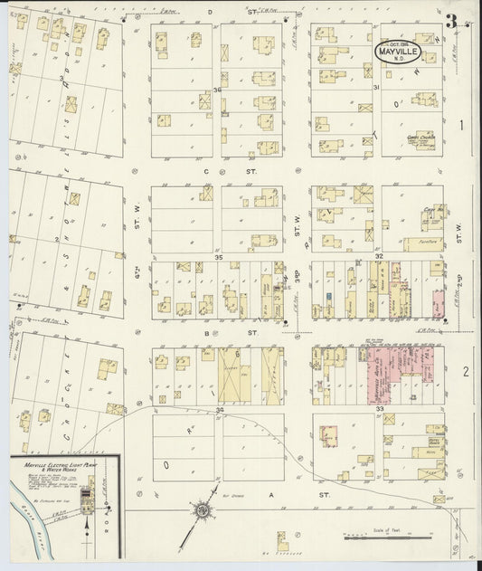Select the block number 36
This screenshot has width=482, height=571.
tap(217, 89)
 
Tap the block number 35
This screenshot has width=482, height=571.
tap(218, 258)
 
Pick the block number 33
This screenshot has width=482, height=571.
tap(380, 410)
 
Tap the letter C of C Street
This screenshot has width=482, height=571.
tap(206, 170)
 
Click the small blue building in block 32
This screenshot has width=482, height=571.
tap(332, 296)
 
